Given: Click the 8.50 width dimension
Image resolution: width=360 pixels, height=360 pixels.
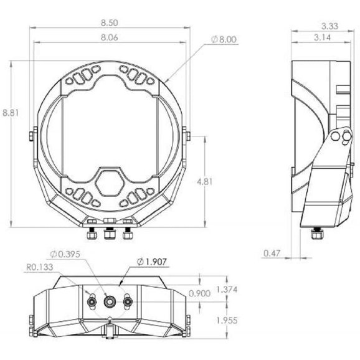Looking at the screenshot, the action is pos(109,23).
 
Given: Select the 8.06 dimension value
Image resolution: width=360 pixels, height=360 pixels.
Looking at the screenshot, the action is pos(109,37).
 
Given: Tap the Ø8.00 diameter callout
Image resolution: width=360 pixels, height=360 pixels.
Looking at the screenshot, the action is pos(224,39).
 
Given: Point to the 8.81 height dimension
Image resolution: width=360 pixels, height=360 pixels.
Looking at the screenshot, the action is pos(11,113).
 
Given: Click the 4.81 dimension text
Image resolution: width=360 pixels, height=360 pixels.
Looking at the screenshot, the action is pos(204,182).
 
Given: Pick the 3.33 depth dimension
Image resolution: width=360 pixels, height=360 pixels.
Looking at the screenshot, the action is pos(329,26).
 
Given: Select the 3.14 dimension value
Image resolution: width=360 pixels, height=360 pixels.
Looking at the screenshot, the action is pos(323,37).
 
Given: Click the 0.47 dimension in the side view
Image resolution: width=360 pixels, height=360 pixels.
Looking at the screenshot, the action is pos(272,253).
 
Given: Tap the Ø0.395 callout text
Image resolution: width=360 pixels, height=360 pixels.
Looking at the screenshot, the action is pos(65,254).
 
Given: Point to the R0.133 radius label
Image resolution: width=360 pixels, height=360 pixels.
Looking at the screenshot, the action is pos(40,267).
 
